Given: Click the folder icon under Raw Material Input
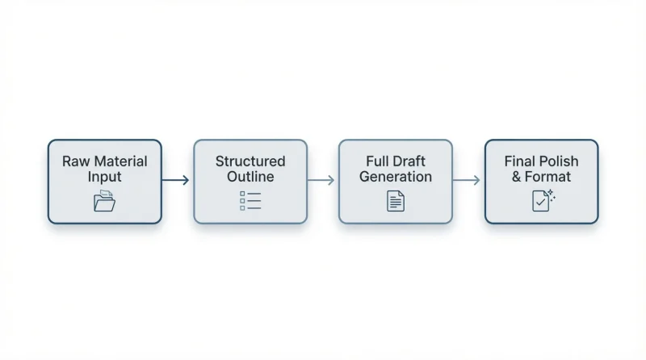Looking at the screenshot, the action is tap(105, 201).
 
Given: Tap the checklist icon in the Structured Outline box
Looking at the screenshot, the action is tap(250, 201).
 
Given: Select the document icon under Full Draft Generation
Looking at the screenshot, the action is tap(396, 201).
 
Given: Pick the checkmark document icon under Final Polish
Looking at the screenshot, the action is tap(540, 202).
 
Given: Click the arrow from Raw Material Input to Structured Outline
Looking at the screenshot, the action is tap(175, 180).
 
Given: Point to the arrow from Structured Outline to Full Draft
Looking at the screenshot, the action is tap(321, 180).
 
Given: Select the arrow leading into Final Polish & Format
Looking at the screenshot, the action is tap(467, 180).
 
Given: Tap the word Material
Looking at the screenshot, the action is tap(120, 161).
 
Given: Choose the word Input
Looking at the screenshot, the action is tap(105, 177).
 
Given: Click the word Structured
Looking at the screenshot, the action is tap(250, 161).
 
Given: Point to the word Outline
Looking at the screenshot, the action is tap(250, 177).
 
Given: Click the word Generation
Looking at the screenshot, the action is tap(396, 177).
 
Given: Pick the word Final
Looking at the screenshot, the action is tap(518, 161).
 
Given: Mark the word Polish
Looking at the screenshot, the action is tap(557, 161).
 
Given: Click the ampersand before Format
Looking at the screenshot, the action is tap(517, 177).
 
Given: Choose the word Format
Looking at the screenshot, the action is tap(548, 177).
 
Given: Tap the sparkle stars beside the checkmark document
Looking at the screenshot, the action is tap(552, 195).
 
